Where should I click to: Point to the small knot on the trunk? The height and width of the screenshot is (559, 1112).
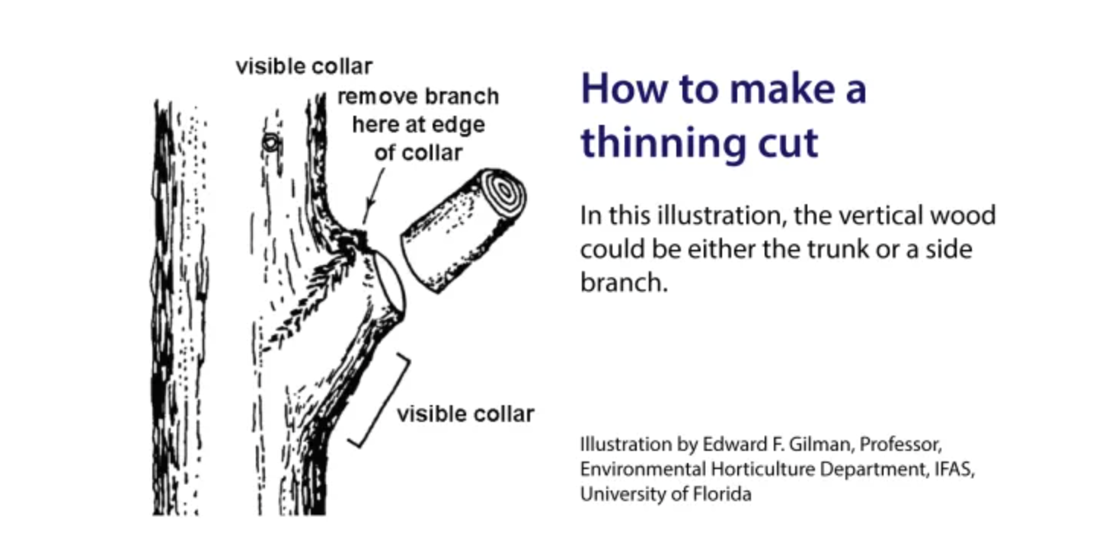tap(270, 142)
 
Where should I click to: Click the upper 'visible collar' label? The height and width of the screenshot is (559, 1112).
tap(304, 66)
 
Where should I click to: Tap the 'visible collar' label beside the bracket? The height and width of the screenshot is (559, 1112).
tap(465, 414)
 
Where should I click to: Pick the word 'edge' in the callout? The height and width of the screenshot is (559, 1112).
tap(458, 125)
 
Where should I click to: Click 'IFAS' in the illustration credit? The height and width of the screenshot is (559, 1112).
tap(953, 469)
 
